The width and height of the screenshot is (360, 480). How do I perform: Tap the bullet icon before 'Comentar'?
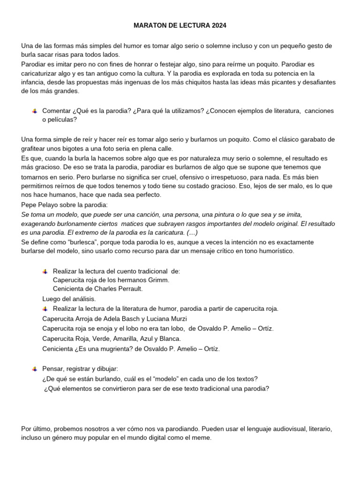point(35,111)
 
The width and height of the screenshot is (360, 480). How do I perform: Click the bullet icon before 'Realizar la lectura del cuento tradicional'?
point(45,271)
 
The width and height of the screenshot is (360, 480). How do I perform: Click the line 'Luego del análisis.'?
point(69,299)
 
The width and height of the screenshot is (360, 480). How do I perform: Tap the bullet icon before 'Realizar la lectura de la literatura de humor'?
point(45,309)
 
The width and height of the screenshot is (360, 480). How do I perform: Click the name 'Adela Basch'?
point(124,319)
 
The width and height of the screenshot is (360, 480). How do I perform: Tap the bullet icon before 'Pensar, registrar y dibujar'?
point(35,369)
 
